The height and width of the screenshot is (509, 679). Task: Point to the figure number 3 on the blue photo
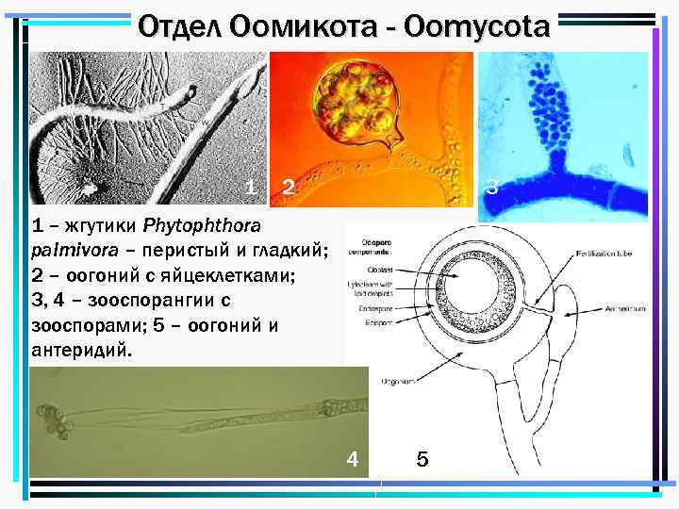(491, 188)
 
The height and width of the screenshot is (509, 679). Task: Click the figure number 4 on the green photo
(351, 459)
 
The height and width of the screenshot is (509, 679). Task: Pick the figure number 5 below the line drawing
(422, 459)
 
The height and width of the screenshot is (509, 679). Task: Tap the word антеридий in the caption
(82, 350)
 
